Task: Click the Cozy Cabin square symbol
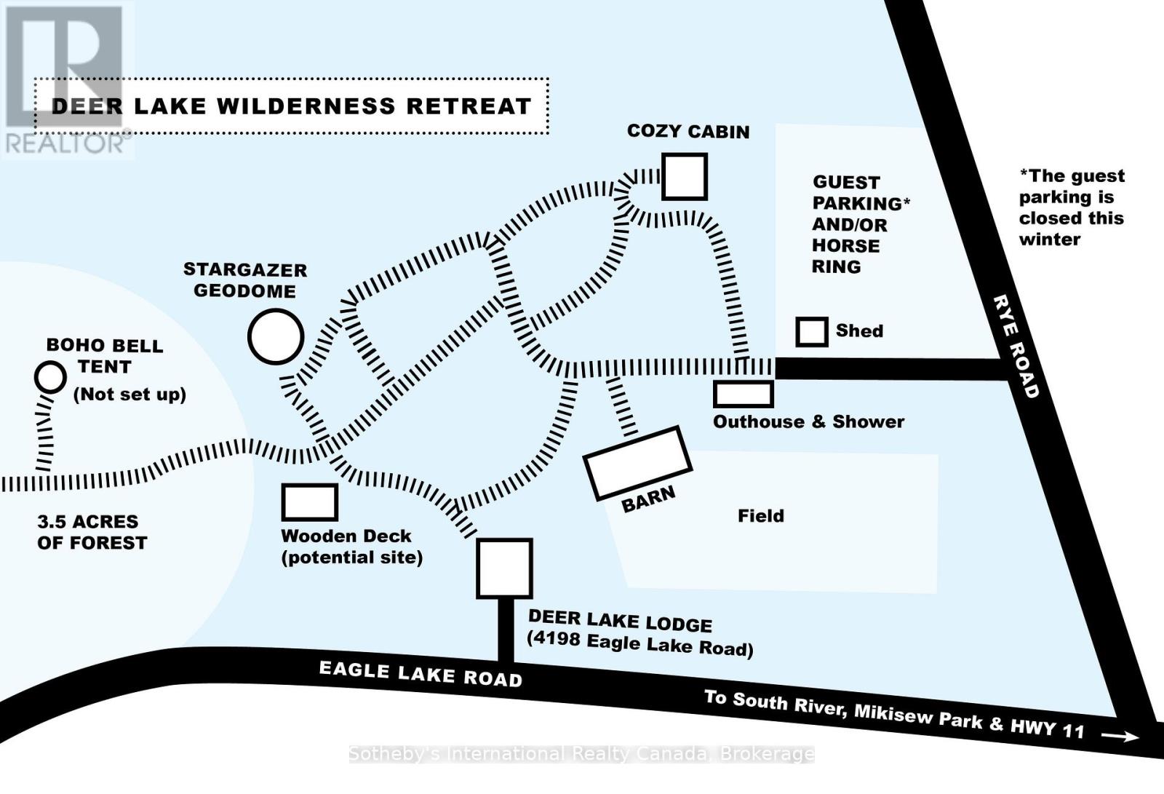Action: click(684, 176)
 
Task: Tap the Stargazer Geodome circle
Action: click(276, 336)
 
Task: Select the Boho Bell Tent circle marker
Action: click(50, 377)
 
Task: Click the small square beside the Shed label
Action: click(811, 332)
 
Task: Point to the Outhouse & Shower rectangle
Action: click(743, 394)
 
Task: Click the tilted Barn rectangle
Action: click(637, 463)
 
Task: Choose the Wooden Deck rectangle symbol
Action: click(310, 502)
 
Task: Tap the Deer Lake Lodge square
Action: click(504, 568)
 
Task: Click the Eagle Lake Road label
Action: click(420, 674)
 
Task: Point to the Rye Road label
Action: click(1016, 346)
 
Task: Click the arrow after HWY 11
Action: click(1120, 737)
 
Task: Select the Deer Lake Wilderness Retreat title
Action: click(291, 106)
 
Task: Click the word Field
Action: click(761, 516)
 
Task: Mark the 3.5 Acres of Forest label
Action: click(92, 532)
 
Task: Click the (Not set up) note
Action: click(130, 394)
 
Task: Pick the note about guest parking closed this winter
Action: click(1071, 207)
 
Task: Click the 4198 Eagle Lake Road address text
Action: click(640, 645)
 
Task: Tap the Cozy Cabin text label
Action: click(688, 132)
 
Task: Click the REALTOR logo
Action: click(65, 80)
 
